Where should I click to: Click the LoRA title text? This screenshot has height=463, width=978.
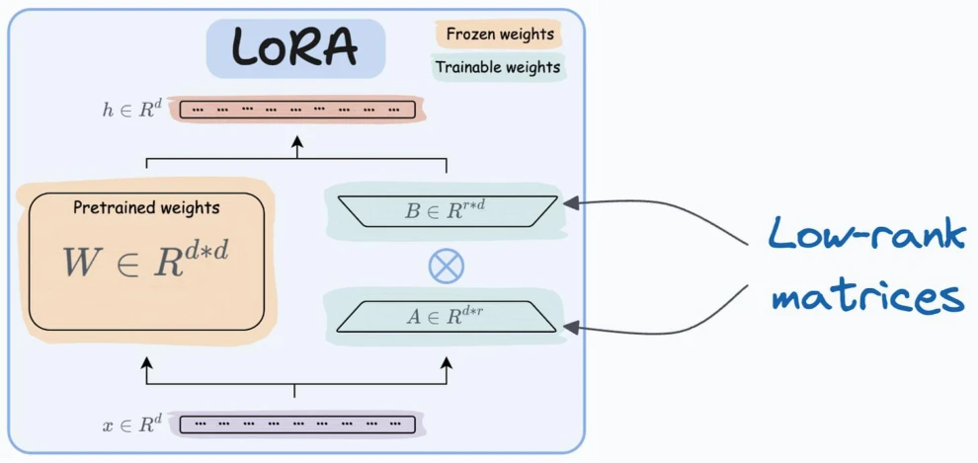[x=295, y=48]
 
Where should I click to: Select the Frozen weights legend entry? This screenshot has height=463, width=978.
[x=500, y=34]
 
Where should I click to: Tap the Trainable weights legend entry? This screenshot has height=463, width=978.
[x=498, y=67]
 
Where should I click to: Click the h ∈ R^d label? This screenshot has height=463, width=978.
[x=131, y=110]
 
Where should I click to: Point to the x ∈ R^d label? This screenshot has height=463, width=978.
[x=131, y=424]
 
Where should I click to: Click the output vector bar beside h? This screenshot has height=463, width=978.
[x=297, y=110]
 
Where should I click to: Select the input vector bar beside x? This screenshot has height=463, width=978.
[x=297, y=424]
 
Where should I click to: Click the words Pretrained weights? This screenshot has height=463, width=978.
[x=146, y=207]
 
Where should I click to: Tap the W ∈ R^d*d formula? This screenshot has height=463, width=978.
[x=145, y=261]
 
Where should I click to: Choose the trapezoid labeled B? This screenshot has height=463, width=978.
[x=446, y=211]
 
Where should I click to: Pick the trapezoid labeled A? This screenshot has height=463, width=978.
[x=446, y=317]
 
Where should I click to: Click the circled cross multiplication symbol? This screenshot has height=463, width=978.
[x=446, y=266]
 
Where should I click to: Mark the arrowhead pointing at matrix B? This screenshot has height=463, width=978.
[x=571, y=202]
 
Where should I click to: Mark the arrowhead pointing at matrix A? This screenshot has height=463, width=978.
[x=571, y=327]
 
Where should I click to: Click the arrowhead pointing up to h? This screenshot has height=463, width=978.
[x=297, y=141]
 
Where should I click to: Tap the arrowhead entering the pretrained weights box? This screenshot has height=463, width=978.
[x=146, y=362]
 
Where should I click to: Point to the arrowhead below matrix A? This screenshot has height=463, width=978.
[x=446, y=362]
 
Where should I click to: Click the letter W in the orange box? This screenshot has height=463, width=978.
[x=82, y=263]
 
